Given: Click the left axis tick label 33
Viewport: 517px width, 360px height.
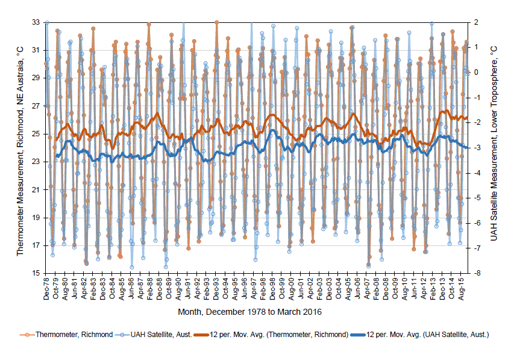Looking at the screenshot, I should [x=36, y=22].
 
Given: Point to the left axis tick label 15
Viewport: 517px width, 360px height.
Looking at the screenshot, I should [x=36, y=273].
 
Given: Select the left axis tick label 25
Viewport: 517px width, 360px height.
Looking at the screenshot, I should [x=36, y=133].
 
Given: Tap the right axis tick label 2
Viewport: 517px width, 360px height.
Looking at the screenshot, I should [x=476, y=22].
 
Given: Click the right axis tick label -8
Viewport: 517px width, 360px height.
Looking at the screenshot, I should [x=475, y=273].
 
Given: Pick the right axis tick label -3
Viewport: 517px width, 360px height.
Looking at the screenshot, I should [x=475, y=148].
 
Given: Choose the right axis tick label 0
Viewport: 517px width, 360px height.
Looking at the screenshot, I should [x=476, y=72].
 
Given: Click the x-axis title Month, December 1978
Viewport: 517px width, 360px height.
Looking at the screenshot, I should [x=249, y=312].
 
